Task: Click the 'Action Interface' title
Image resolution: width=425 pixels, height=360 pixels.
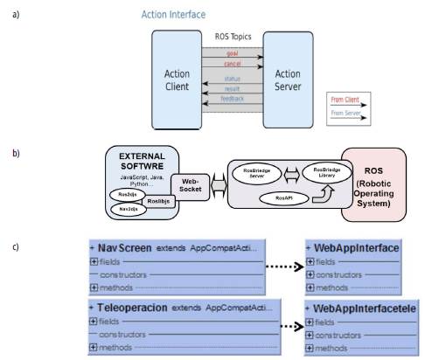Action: click(x=173, y=15)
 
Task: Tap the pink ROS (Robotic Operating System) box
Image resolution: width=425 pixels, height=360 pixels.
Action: click(x=374, y=185)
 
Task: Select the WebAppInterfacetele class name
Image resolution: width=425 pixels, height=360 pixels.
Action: click(x=363, y=309)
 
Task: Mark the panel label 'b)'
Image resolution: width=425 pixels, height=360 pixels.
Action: click(x=15, y=154)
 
